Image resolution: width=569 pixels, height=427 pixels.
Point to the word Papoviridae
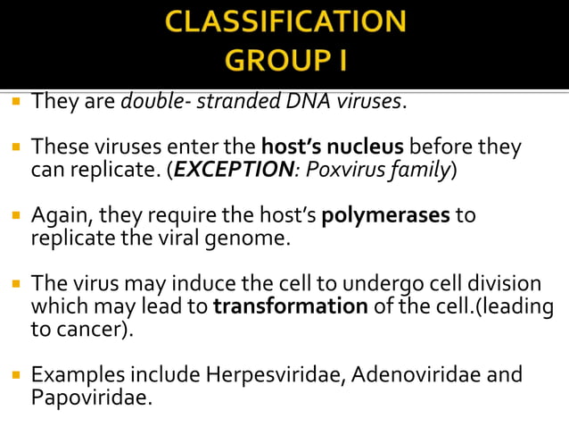(92, 397)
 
